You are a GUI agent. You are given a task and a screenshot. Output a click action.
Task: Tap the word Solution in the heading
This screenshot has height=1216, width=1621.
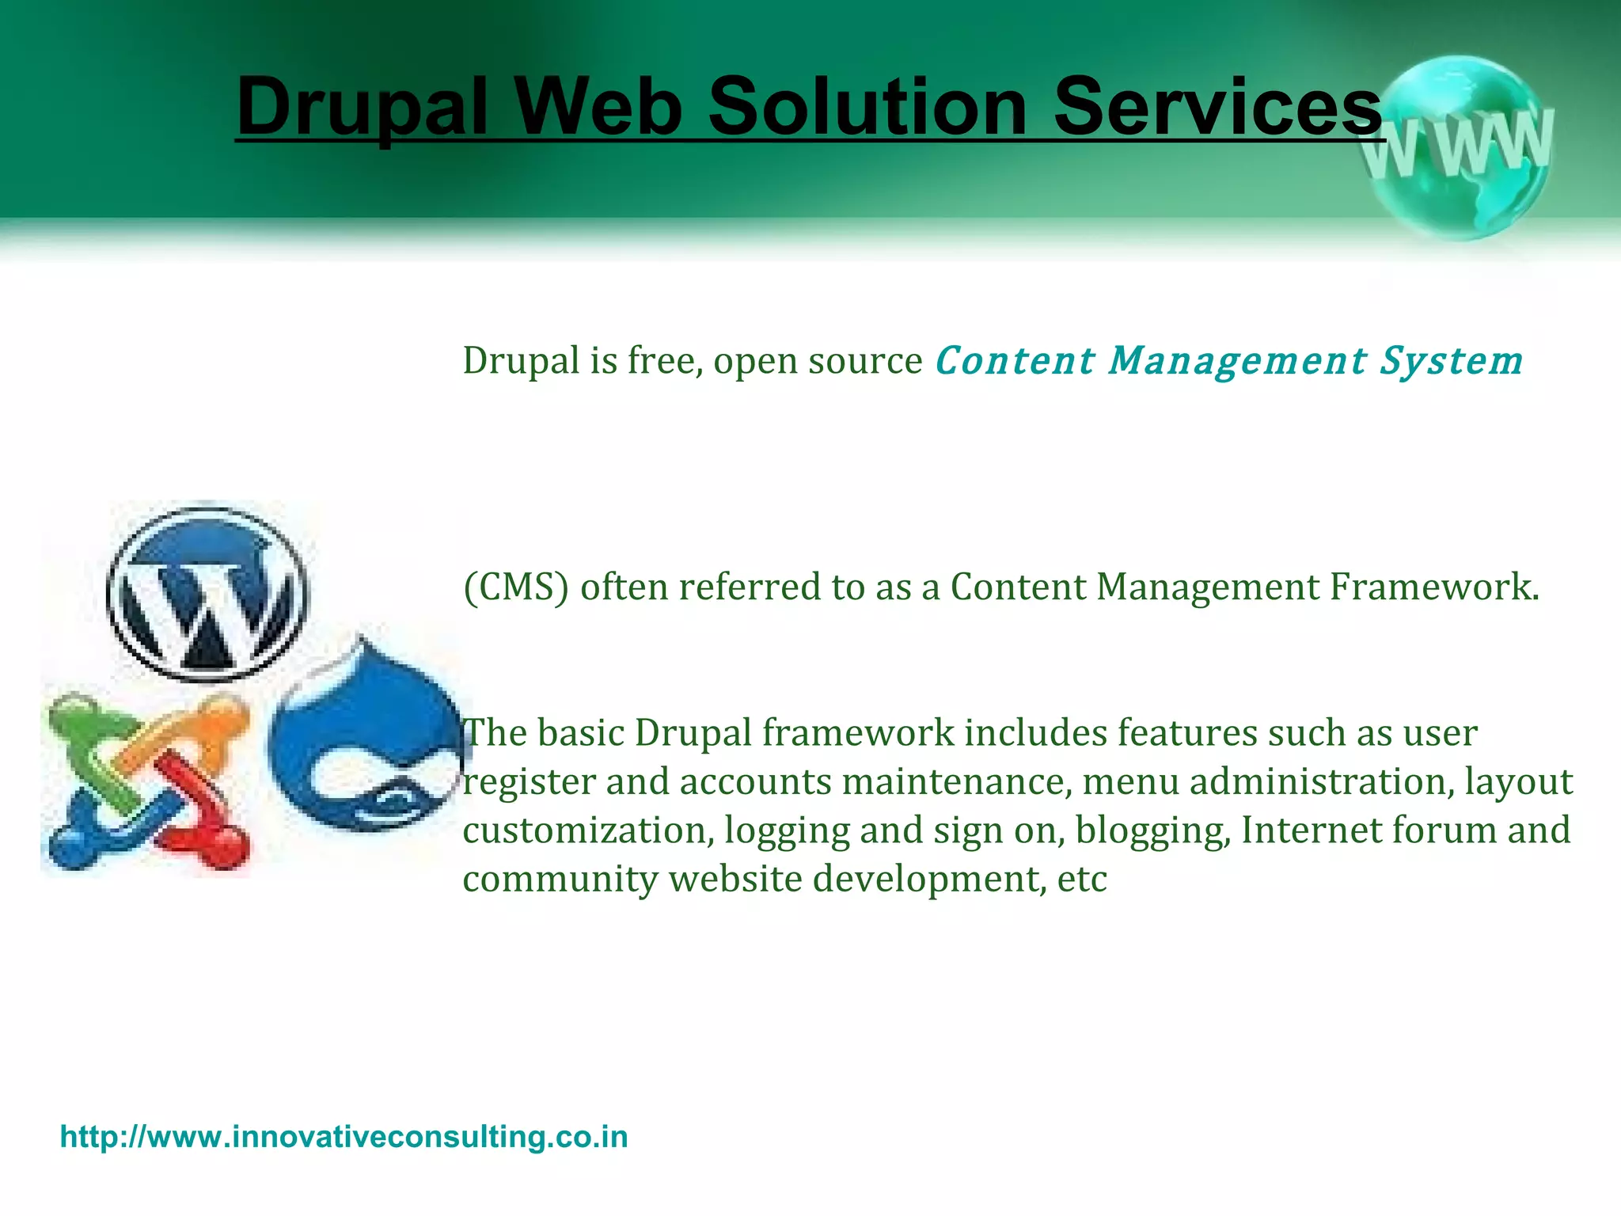(867, 107)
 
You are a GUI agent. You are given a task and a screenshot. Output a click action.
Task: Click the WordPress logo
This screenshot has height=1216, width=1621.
(208, 594)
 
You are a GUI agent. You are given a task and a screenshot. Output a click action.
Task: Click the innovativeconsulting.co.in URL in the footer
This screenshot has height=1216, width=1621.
(344, 1137)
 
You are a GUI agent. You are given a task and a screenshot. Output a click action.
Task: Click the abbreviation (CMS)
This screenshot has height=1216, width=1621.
(516, 587)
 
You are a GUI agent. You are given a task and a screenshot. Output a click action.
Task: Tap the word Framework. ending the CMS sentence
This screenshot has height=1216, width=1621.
(1433, 587)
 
